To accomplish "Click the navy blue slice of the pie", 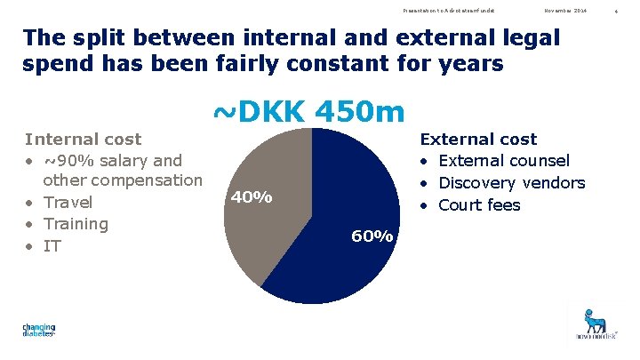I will point(338,258).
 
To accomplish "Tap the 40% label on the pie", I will point(252,197).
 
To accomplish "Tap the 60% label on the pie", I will point(372,236).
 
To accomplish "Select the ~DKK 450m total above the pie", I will point(308,113).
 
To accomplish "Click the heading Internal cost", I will point(83,140).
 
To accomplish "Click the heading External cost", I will point(478,140).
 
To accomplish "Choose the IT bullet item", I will point(52,245).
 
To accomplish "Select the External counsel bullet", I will point(504,161).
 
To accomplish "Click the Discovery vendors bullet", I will point(512,183).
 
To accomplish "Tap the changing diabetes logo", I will point(39,331).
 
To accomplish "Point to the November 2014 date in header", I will point(565,10).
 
